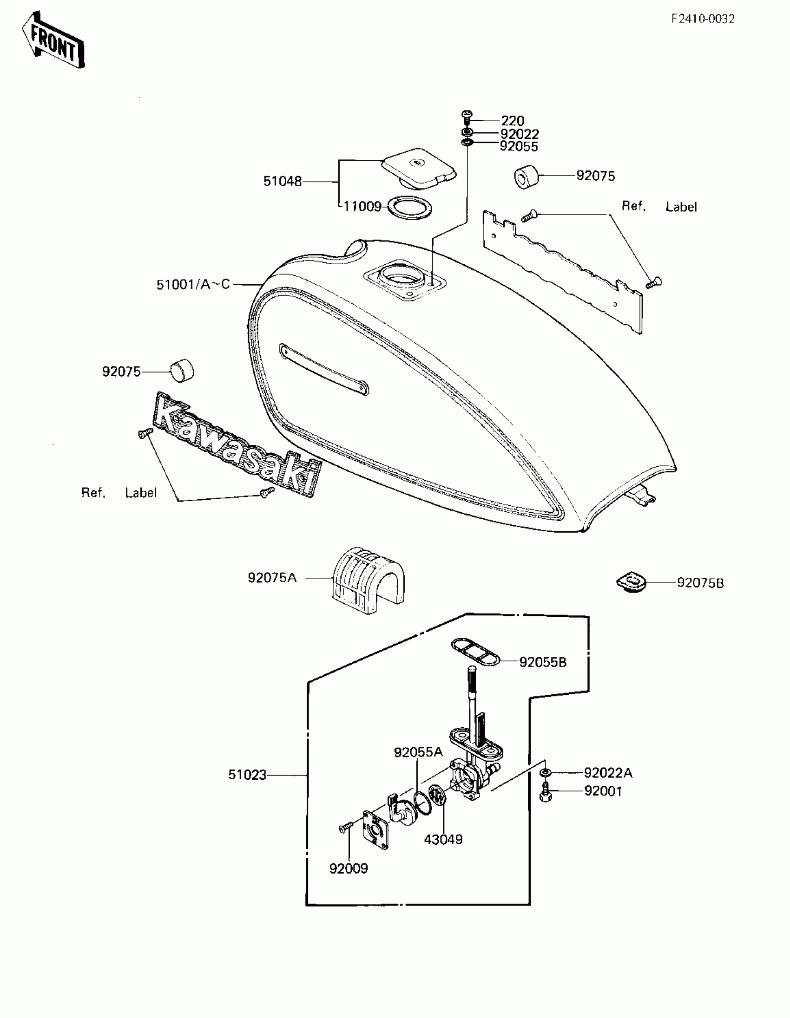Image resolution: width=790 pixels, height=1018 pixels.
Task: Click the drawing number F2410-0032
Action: click(703, 19)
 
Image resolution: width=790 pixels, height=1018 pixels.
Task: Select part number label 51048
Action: click(282, 181)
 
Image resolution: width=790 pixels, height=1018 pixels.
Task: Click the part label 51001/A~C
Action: click(193, 284)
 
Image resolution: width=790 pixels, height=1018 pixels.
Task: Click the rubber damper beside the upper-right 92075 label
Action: click(526, 176)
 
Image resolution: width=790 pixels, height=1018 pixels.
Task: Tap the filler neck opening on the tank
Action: click(402, 278)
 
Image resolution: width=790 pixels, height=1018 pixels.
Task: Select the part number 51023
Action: click(247, 775)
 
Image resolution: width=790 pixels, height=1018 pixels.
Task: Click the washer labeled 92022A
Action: click(545, 773)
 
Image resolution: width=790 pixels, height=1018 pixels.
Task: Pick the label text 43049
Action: click(443, 840)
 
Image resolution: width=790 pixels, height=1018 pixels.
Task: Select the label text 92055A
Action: click(418, 752)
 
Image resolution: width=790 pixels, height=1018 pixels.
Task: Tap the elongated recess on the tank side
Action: click(323, 369)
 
